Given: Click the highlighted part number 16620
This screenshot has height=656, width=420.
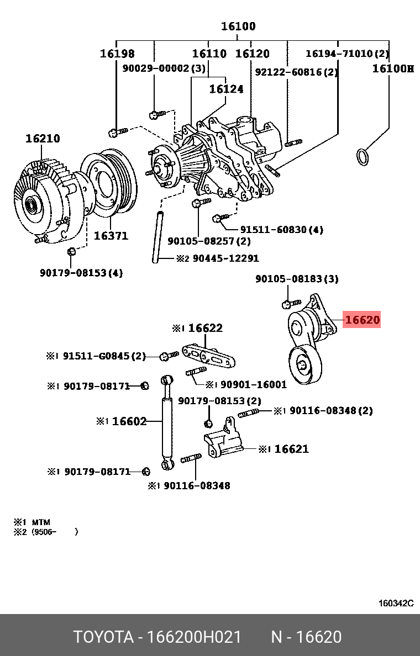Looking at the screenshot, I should [362, 319].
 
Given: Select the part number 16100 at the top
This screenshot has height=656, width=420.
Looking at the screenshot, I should [238, 26].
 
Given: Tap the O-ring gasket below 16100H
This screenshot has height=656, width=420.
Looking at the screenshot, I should [362, 157].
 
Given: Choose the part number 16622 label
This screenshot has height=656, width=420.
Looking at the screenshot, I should [205, 328].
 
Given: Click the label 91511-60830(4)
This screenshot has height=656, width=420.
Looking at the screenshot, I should [281, 229].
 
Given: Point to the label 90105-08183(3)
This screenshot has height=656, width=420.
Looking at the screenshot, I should [297, 279].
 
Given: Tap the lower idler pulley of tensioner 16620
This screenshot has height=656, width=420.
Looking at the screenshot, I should [303, 365].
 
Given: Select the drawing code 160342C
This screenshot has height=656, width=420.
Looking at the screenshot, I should [396, 604].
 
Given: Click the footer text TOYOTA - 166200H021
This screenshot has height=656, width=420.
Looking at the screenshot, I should [158, 637].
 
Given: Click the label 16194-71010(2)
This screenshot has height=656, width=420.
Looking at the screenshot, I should [347, 54].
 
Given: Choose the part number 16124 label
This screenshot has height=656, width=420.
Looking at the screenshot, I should [226, 88].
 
